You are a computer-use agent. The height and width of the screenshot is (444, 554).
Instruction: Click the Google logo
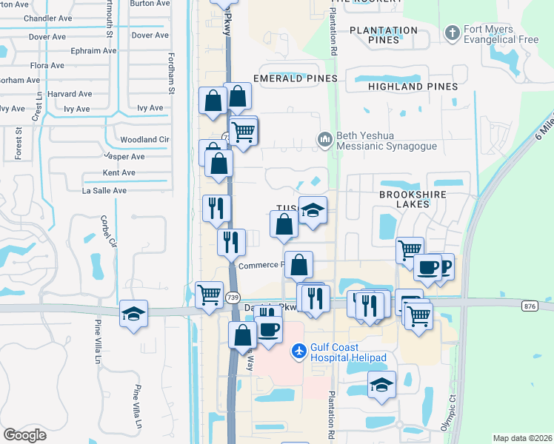(24, 435)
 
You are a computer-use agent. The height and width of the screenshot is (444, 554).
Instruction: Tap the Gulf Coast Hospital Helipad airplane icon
(298, 350)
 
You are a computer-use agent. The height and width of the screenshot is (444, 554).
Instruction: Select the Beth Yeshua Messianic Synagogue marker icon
(324, 139)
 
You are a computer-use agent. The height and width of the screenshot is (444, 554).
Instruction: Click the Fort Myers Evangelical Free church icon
(452, 33)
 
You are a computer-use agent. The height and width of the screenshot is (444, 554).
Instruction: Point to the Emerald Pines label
(295, 78)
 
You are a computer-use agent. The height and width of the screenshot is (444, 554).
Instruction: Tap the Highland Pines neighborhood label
(412, 87)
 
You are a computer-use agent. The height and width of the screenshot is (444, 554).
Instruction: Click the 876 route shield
(530, 306)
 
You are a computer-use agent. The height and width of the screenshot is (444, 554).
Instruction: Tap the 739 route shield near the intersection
(233, 297)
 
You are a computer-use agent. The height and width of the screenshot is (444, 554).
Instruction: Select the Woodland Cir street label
(144, 139)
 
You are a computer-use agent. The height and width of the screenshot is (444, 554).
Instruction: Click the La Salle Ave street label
(104, 190)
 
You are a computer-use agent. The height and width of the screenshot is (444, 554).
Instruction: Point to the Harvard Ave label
(70, 94)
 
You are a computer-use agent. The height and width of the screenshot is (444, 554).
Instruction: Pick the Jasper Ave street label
(124, 157)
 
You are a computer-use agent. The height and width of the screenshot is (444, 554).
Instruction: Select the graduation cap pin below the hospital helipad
(381, 383)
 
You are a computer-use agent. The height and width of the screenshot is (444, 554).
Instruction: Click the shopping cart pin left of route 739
(209, 294)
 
